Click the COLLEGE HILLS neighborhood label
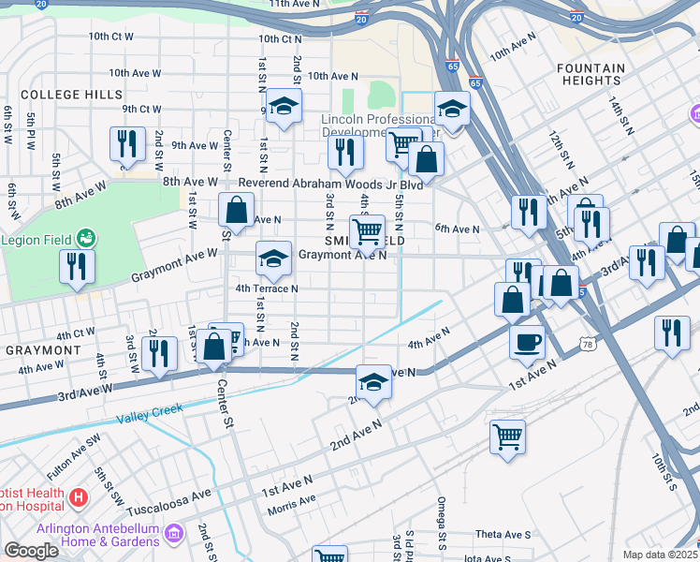[71, 95]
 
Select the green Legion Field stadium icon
[86, 239]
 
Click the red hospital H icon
[79, 495]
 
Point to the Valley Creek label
[149, 410]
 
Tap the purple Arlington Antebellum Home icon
[172, 534]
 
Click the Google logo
[31, 551]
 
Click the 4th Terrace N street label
[267, 288]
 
